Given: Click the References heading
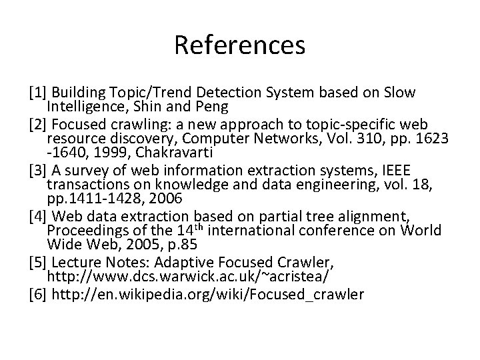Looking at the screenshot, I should [x=240, y=45].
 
